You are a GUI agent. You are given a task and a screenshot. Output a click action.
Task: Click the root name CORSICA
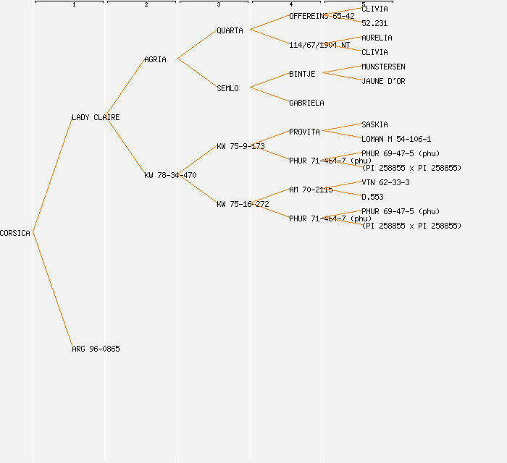[x=15, y=233]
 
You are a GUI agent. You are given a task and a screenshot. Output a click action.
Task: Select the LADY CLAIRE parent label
[x=96, y=117]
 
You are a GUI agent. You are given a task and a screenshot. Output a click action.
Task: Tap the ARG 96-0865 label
[x=96, y=349]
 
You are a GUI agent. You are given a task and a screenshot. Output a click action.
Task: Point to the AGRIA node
[x=155, y=59]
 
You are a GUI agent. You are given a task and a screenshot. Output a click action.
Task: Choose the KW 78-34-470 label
[x=170, y=175]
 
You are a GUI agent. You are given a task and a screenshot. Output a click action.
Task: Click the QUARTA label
[x=230, y=30]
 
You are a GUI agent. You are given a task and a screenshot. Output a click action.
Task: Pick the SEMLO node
[x=227, y=88]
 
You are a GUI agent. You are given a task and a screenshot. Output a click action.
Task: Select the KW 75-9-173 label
[x=240, y=146]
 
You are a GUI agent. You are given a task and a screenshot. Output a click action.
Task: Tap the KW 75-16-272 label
[x=243, y=204]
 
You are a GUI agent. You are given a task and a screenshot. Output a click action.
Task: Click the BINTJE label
[x=302, y=74]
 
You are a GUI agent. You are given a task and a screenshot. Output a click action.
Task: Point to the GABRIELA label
[x=306, y=103]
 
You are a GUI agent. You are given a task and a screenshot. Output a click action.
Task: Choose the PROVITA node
[x=304, y=132]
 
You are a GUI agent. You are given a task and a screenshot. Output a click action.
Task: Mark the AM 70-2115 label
[x=311, y=190]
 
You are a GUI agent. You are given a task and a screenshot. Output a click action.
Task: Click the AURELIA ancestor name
[x=377, y=38]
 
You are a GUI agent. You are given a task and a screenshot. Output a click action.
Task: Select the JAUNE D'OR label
[x=383, y=81]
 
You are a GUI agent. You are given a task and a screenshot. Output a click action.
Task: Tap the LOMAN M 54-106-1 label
[x=396, y=139]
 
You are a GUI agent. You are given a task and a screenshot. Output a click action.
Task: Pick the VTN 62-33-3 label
[x=385, y=182]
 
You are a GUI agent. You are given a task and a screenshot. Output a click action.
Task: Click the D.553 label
[x=372, y=197]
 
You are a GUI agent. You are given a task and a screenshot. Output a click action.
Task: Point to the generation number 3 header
[x=219, y=5]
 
